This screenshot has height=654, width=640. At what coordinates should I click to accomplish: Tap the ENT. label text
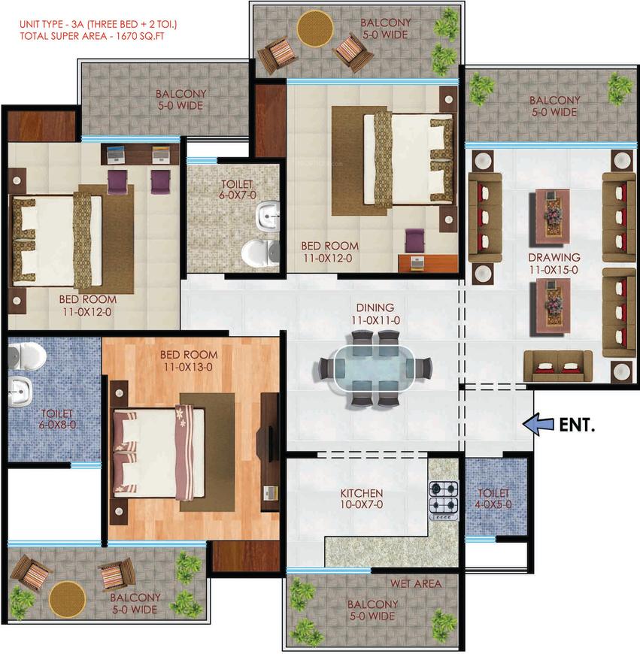577,425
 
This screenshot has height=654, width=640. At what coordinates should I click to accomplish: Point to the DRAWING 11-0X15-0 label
554,263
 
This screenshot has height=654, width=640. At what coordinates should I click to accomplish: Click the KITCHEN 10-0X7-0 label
362,499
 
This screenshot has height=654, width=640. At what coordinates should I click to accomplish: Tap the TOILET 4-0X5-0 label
495,499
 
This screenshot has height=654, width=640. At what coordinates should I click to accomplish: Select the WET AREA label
415,583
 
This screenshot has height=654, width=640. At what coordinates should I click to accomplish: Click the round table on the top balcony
315,29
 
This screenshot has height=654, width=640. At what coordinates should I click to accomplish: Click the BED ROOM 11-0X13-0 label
189,361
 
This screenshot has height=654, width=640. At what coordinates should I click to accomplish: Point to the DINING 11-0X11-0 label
375,313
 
